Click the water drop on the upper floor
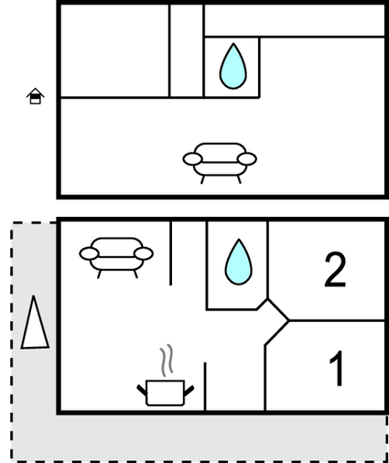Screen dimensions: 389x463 tap(233, 67)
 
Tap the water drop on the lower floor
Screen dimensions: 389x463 tap(239, 263)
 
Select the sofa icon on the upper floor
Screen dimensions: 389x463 tap(220, 163)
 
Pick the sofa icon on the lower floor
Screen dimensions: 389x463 tap(116, 257)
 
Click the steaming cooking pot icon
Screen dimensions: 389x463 tap(165, 376)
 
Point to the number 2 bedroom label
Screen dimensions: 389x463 tap(335, 270)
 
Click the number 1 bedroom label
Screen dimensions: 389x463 tap(337, 368)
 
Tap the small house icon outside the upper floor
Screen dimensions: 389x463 tap(36, 96)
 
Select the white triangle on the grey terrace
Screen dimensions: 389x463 tap(34, 323)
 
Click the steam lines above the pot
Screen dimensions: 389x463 tap(167, 360)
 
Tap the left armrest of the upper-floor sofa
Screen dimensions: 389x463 tap(192, 159)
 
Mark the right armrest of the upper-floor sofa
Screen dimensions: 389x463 tap(247, 159)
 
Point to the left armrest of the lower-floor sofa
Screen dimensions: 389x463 tap(89, 253)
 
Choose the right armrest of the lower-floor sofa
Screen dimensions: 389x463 tap(144, 253)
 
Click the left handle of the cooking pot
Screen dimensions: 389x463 tap(142, 391)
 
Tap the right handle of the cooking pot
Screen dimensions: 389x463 tap(189, 391)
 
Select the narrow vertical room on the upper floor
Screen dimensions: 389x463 tap(187, 51)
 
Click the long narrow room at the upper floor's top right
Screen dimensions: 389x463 tap(295, 20)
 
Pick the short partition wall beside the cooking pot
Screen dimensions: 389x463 tap(205, 386)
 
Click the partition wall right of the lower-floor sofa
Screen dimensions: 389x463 tap(170, 253)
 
